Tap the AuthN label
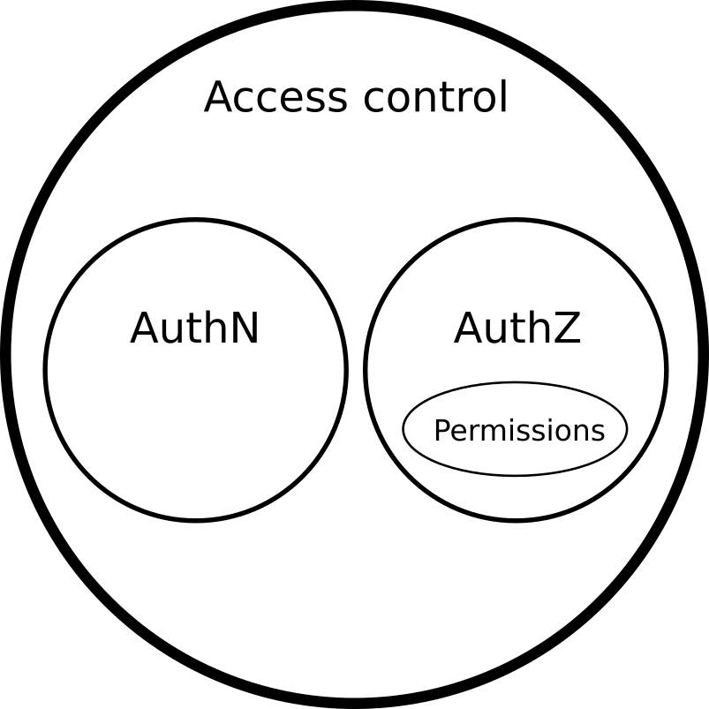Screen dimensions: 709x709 [194, 329]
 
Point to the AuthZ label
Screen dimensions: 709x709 [517, 329]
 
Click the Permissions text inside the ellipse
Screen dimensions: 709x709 [518, 431]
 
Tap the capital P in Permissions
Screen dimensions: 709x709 [441, 431]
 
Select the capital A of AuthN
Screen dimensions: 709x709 [146, 329]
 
